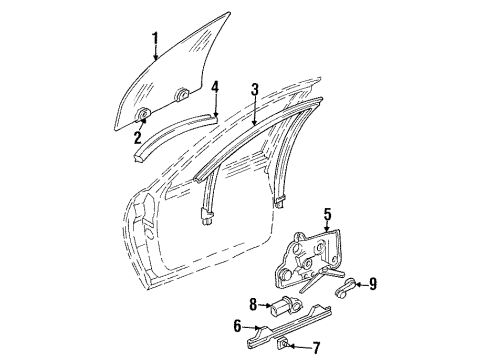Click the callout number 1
(155, 40)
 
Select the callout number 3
(255, 91)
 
